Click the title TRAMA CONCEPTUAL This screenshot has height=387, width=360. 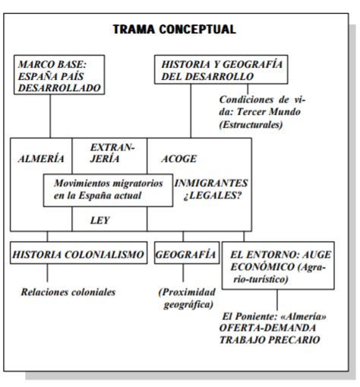[174, 29]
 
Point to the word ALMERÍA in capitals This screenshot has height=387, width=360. [41, 159]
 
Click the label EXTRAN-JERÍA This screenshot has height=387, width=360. [112, 153]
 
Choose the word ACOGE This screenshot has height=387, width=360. [179, 159]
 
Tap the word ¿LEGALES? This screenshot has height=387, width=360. [213, 195]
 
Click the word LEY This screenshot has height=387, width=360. [100, 220]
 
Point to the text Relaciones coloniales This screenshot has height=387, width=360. [68, 292]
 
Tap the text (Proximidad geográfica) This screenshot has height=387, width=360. [187, 298]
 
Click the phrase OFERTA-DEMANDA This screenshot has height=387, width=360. [267, 328]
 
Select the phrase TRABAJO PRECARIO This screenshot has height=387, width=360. [270, 340]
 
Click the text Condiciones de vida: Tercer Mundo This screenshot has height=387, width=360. [262, 106]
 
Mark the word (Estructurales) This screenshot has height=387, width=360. [251, 125]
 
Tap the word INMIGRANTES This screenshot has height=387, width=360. [211, 183]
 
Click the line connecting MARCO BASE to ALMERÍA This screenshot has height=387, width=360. [50, 116]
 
